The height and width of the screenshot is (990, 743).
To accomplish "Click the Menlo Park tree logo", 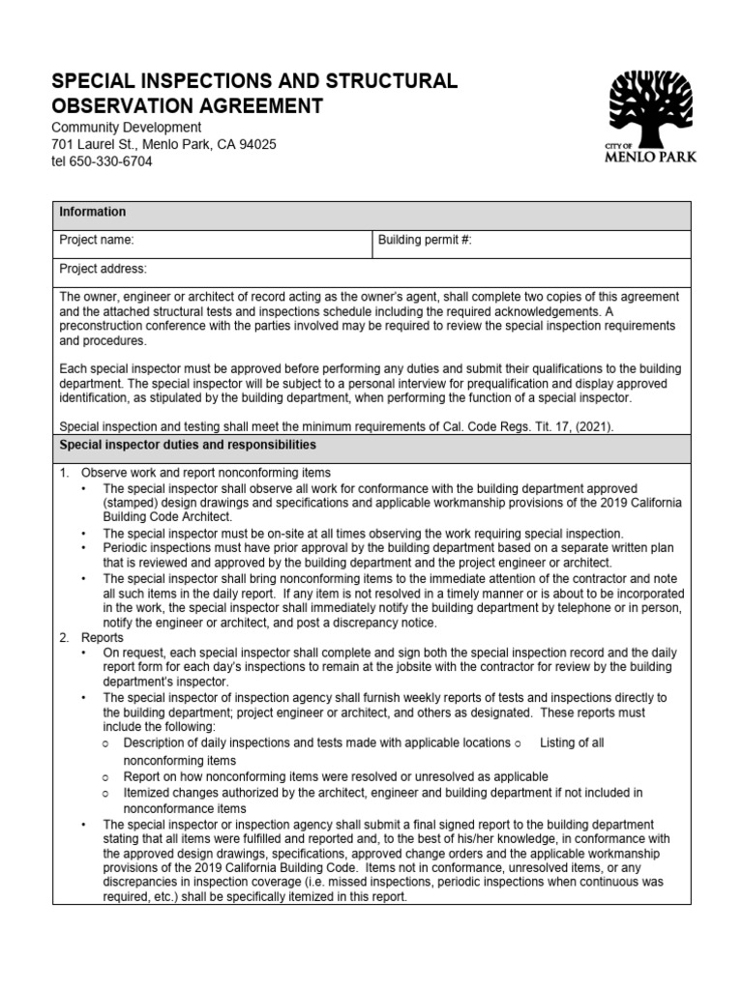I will [650, 105].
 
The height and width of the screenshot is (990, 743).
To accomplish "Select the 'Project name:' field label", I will [97, 240].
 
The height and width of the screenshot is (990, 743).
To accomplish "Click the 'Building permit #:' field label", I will [425, 240].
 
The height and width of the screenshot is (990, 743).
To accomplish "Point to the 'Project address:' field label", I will [104, 269].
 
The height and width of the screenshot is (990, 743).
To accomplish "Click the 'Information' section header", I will [93, 212].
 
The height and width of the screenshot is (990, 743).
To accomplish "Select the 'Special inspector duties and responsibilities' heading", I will [188, 445].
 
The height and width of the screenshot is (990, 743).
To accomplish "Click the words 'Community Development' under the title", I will [126, 128].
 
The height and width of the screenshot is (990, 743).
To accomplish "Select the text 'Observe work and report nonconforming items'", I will [206, 473].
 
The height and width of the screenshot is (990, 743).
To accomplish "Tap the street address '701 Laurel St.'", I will [94, 144].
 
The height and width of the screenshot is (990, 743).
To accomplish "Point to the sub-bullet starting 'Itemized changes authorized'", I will [383, 793].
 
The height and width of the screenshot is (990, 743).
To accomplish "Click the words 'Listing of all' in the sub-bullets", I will [572, 742].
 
